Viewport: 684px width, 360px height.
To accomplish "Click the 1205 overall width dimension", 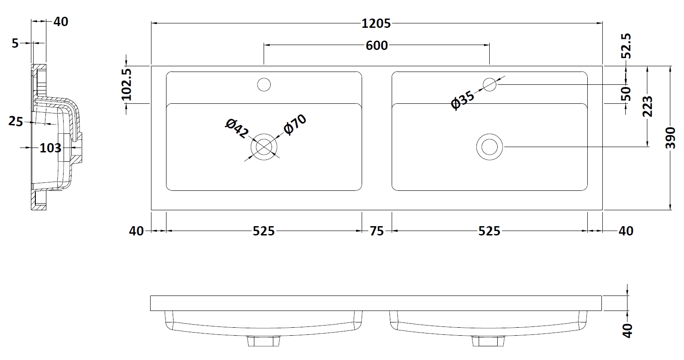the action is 376,23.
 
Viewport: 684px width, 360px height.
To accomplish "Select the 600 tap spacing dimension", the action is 377,45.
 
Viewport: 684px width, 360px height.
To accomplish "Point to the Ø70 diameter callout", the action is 295,124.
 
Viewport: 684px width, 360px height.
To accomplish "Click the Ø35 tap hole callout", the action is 463,100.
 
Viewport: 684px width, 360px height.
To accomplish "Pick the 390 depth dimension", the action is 671,138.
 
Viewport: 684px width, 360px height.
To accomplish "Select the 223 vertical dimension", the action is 647,106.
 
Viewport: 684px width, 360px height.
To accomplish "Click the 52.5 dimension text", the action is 626,46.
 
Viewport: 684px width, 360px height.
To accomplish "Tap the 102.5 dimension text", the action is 126,84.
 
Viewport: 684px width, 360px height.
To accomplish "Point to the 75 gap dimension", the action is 377,231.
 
